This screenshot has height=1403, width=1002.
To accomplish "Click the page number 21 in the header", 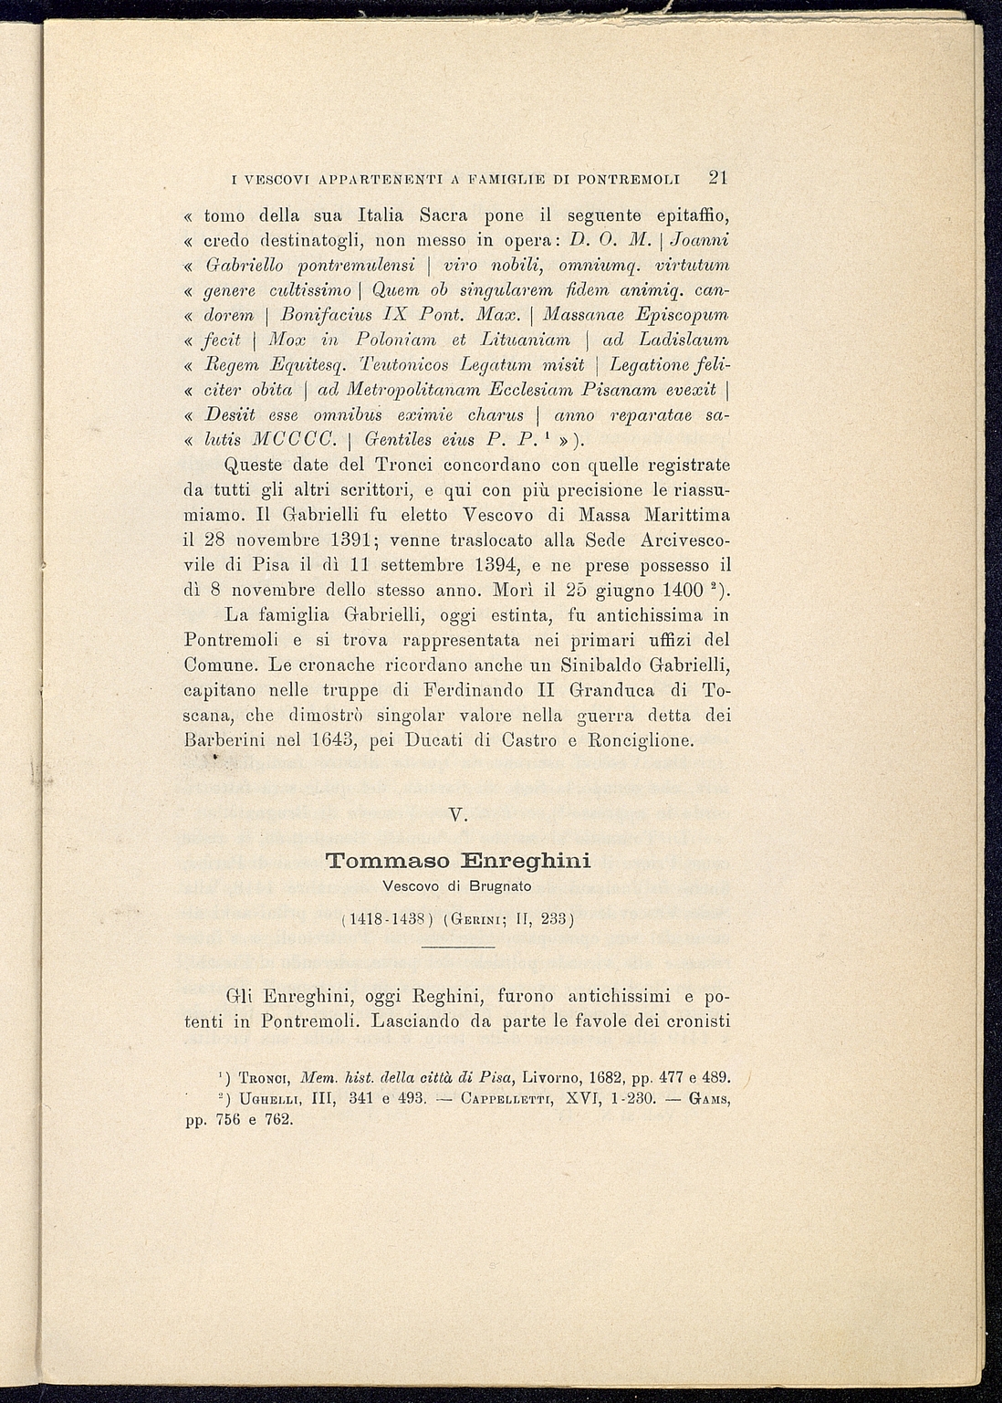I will (717, 177).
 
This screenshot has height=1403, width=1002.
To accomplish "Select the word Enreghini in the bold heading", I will (525, 861).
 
